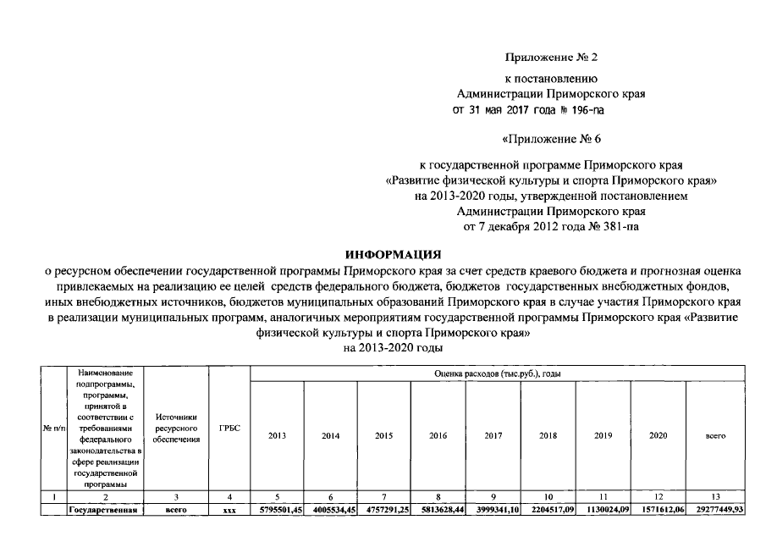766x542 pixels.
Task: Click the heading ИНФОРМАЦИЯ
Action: pyautogui.click(x=394, y=254)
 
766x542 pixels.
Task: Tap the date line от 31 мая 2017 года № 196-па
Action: pyautogui.click(x=529, y=109)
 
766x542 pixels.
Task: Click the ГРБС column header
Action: pyautogui.click(x=229, y=429)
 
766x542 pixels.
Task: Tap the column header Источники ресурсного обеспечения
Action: pyautogui.click(x=176, y=429)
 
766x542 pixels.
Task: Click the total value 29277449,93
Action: pyautogui.click(x=714, y=510)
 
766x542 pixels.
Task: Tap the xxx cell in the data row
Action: pyautogui.click(x=229, y=510)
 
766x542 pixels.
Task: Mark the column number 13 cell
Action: pyautogui.click(x=714, y=497)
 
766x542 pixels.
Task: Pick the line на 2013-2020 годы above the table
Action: pyautogui.click(x=394, y=348)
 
